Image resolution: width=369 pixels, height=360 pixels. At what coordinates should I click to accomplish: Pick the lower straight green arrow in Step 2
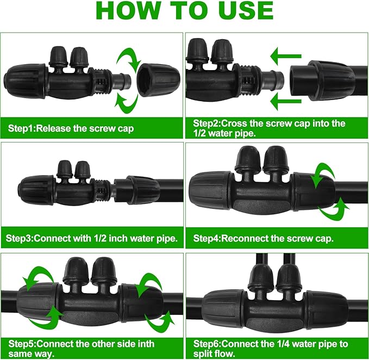286,100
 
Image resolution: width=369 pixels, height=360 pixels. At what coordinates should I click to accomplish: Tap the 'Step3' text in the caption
20,238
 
